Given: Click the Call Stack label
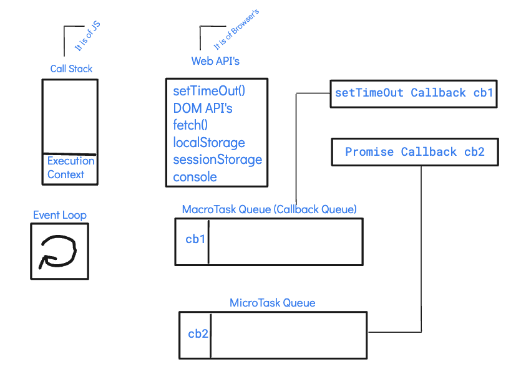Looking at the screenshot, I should click(x=71, y=69).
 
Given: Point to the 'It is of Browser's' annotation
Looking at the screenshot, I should click(x=236, y=30).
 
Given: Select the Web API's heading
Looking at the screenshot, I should click(x=215, y=61).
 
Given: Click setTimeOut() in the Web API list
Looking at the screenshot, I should click(x=209, y=91).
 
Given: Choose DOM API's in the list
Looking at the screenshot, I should click(x=203, y=108).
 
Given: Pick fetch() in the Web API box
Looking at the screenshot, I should click(x=190, y=125).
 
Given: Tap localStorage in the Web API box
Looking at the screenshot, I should click(x=209, y=143).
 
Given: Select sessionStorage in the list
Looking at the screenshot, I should click(x=217, y=160).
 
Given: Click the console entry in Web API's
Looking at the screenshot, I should click(x=195, y=177).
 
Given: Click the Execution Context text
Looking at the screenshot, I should click(x=71, y=168).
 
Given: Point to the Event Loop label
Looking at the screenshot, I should click(x=60, y=215).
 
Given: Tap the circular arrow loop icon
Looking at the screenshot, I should click(x=59, y=251).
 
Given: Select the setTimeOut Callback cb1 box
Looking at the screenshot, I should click(x=414, y=93).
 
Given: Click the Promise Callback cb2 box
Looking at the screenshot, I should click(x=414, y=152).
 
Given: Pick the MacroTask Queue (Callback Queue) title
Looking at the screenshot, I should click(x=269, y=209).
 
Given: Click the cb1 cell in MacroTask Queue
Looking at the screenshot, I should click(x=195, y=239).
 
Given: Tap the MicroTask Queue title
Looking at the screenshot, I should click(x=272, y=303).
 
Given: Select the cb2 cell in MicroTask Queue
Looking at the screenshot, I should click(x=198, y=333).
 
